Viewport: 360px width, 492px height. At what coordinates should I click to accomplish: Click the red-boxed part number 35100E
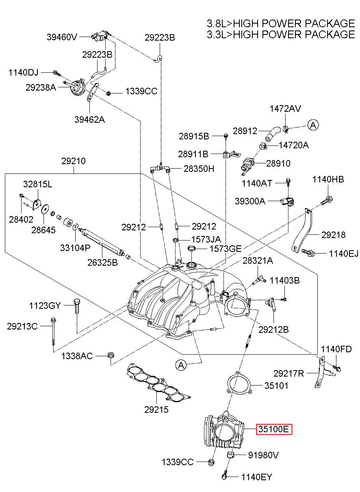click(274, 429)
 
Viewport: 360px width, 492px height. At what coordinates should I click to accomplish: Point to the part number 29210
click(74, 161)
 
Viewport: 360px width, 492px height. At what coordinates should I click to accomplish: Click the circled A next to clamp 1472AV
click(313, 125)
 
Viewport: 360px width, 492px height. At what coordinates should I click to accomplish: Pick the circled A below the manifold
click(181, 365)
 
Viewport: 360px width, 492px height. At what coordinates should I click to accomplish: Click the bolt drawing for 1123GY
click(77, 306)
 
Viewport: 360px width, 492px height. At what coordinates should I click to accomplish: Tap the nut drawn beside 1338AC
click(111, 355)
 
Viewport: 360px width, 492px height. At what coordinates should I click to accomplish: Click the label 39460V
click(62, 37)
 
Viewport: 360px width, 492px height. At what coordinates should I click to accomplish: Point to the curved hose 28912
click(273, 134)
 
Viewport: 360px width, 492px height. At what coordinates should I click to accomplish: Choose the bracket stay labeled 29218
click(302, 231)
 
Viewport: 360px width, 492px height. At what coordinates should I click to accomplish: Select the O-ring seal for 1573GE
click(191, 248)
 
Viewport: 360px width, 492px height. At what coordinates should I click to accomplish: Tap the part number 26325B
click(102, 262)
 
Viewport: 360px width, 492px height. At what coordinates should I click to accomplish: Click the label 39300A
click(250, 201)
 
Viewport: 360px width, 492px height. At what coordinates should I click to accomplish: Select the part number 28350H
click(199, 169)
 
